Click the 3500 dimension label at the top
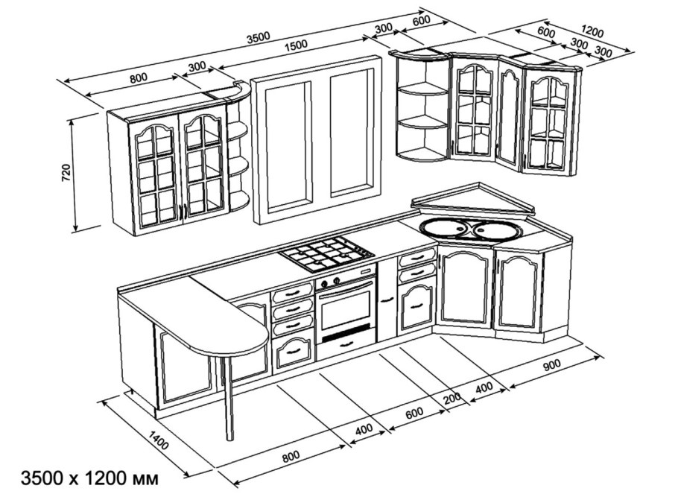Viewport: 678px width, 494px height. point(258,38)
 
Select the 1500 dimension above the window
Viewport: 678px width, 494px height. point(296,45)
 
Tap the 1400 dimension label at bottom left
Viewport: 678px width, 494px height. point(158,440)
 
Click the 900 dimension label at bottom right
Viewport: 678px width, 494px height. point(551,364)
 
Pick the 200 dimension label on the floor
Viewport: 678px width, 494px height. point(452,399)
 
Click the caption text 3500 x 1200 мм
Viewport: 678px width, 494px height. point(90,478)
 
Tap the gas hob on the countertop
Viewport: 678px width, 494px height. point(327,254)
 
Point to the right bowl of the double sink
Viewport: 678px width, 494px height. point(495,230)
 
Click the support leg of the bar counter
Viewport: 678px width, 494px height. point(228,398)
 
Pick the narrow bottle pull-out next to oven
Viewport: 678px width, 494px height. point(387,300)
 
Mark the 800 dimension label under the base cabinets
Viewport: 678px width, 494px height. point(291,456)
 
